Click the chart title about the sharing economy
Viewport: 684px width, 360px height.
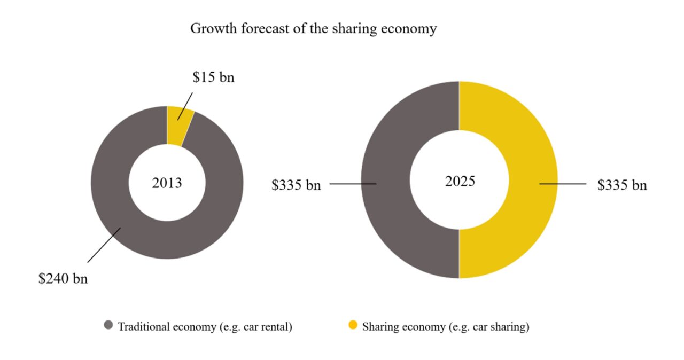pos(313,29)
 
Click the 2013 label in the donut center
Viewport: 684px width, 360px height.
pos(167,183)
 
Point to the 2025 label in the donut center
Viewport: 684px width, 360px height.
pos(460,182)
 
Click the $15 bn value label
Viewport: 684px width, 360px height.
pos(213,78)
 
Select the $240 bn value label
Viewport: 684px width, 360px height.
pos(63,279)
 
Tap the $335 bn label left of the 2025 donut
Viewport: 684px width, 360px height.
pos(296,185)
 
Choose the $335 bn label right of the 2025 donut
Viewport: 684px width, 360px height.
pos(622,185)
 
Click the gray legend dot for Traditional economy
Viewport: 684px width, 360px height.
pos(108,325)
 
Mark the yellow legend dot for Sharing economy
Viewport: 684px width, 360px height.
pos(353,325)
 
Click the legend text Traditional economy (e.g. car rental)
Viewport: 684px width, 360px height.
pos(205,326)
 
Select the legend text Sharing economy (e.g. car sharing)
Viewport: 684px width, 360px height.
pos(446,326)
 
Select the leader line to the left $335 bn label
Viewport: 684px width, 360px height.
pos(353,184)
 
